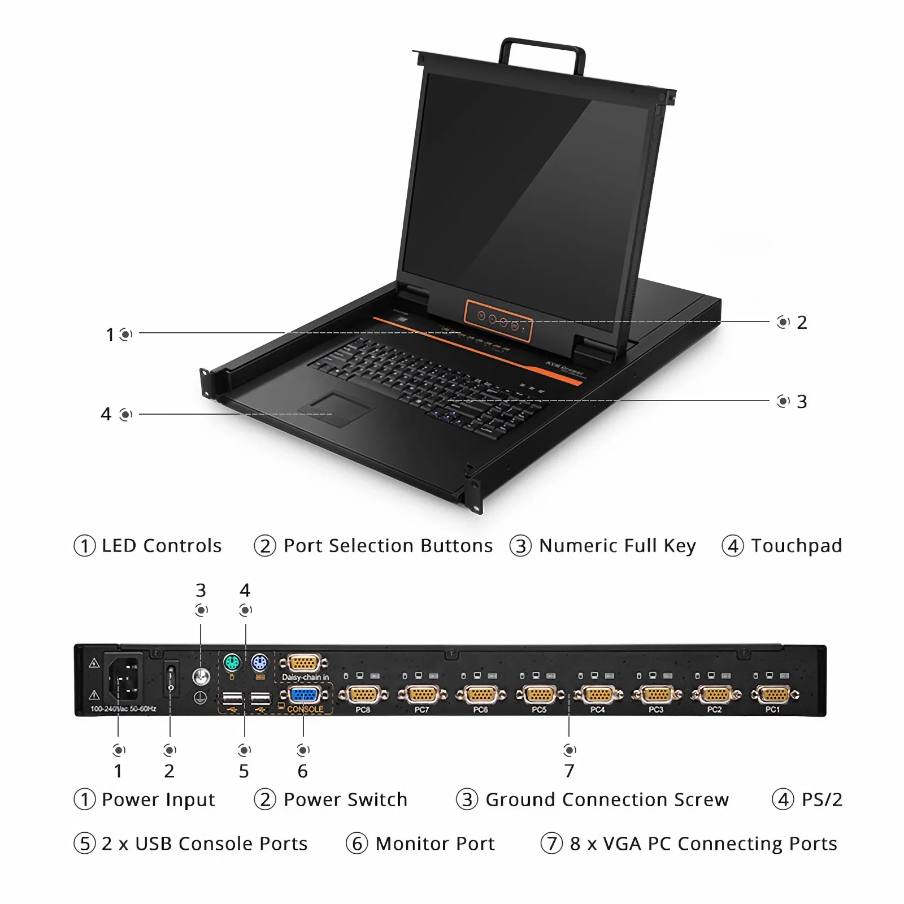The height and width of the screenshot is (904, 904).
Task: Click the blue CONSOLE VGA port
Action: [305, 695]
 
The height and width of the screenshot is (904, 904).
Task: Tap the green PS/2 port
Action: [232, 662]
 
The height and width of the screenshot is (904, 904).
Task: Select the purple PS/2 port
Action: [259, 662]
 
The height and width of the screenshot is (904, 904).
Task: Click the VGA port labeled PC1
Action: [774, 694]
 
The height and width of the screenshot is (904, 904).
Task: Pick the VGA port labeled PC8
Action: [363, 694]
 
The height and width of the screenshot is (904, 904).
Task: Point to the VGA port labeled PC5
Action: [539, 694]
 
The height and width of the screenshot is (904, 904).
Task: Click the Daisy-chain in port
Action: [305, 663]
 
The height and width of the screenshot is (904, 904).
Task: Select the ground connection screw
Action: [201, 676]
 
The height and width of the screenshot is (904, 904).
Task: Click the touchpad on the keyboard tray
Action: [337, 410]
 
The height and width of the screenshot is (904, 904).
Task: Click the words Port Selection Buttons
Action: [388, 546]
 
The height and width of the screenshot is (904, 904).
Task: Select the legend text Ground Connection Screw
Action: [607, 799]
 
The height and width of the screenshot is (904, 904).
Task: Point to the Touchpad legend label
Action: [796, 546]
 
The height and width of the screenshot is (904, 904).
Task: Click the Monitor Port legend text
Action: [435, 844]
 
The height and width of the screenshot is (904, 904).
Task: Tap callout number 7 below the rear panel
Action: [569, 771]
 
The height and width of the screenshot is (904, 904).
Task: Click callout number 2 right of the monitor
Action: [802, 323]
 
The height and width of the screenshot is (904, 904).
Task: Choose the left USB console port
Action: [232, 699]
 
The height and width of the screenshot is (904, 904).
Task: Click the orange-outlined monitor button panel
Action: [498, 320]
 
